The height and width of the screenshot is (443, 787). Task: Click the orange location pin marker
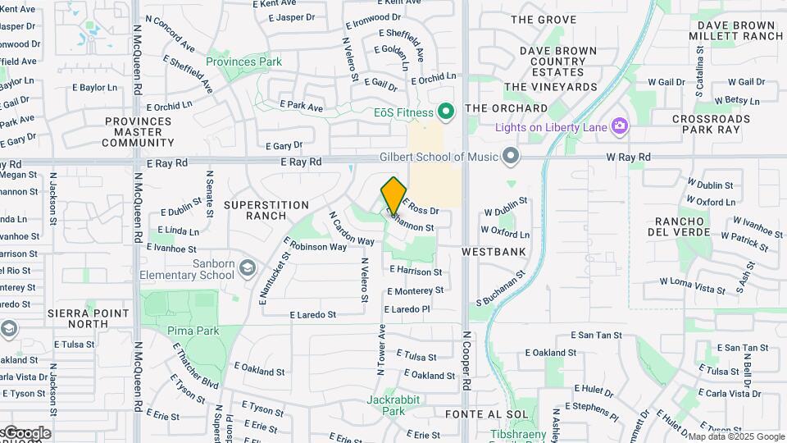[393, 195]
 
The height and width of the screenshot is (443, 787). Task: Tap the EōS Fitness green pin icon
[446, 110]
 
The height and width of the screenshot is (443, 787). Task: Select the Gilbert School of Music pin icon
[512, 156]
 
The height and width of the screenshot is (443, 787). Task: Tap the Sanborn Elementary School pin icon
[248, 269]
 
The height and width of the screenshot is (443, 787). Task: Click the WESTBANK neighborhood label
[493, 252]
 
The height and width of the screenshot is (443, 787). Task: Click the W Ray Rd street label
[628, 157]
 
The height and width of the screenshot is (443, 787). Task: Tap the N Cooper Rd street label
[466, 360]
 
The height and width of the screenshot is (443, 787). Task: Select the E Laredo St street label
[313, 314]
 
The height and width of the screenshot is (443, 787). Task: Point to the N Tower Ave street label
[382, 349]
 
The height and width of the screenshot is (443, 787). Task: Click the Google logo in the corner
[27, 433]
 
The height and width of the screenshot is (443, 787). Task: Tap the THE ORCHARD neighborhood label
[506, 108]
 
